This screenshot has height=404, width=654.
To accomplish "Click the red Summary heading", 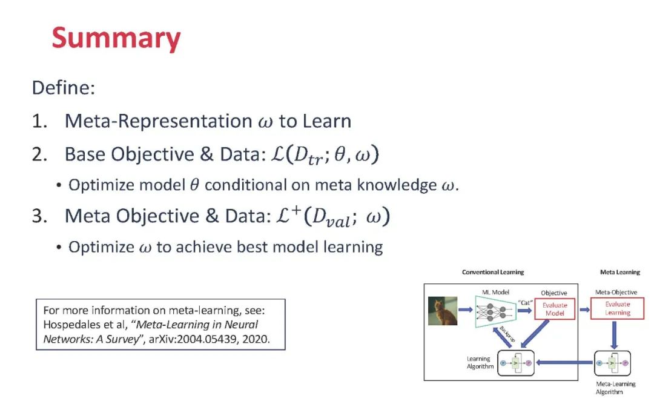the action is tap(116, 38).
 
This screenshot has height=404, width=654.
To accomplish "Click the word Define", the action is tap(64, 88).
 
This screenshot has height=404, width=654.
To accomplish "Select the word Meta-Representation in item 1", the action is tap(159, 121).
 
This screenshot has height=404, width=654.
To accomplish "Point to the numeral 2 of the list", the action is tap(39, 155).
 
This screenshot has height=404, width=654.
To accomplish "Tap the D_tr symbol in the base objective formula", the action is tap(308, 156).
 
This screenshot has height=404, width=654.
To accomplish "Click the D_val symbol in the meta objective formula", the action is tap(331, 218).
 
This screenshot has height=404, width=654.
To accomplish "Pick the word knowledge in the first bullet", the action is tap(396, 185).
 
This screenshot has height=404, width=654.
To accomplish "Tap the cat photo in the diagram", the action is tap(443, 311).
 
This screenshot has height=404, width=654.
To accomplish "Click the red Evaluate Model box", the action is tap(555, 310).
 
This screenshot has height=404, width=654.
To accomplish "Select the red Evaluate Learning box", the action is tap(617, 308).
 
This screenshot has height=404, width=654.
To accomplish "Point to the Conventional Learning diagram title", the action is tap(492, 272).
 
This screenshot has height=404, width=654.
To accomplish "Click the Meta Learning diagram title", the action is tap(620, 272).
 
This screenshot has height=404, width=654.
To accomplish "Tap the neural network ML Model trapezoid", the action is tap(496, 311).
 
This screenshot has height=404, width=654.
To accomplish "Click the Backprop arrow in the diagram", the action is tap(502, 337).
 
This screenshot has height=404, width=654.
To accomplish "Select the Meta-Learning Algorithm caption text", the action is tap(615, 388).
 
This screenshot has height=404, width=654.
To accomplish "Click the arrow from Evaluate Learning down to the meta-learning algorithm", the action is tap(614, 335).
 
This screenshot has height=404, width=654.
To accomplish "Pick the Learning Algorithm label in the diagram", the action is tap(480, 363).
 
